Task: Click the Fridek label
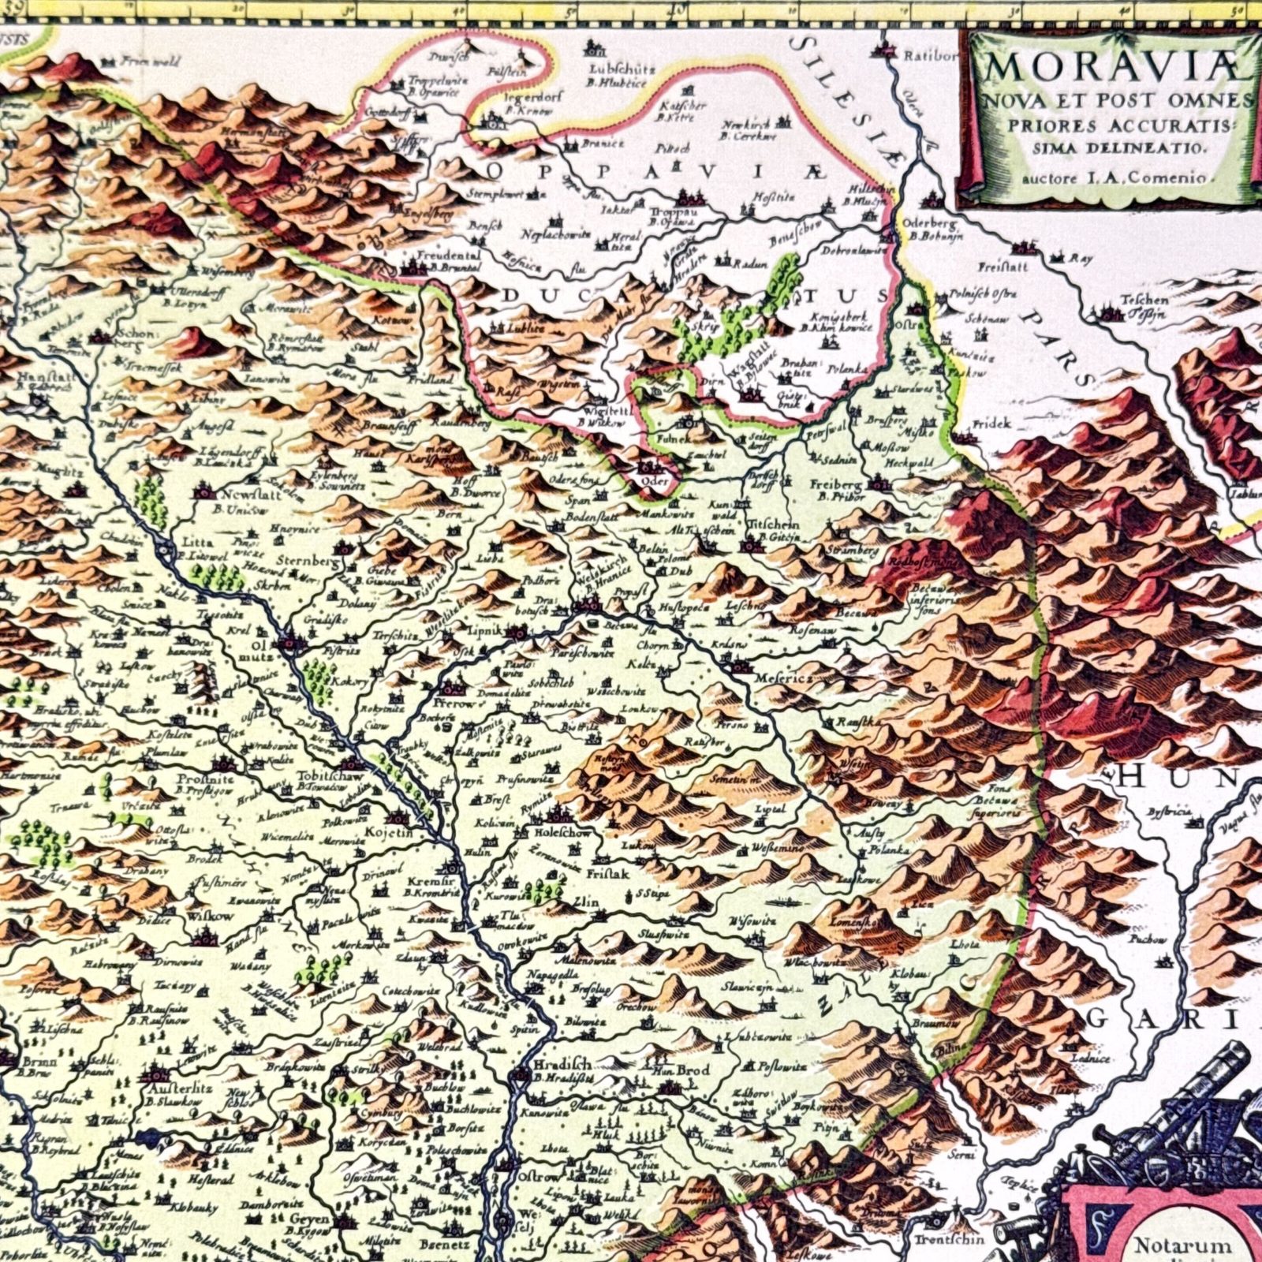991,424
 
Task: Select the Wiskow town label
210,917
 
